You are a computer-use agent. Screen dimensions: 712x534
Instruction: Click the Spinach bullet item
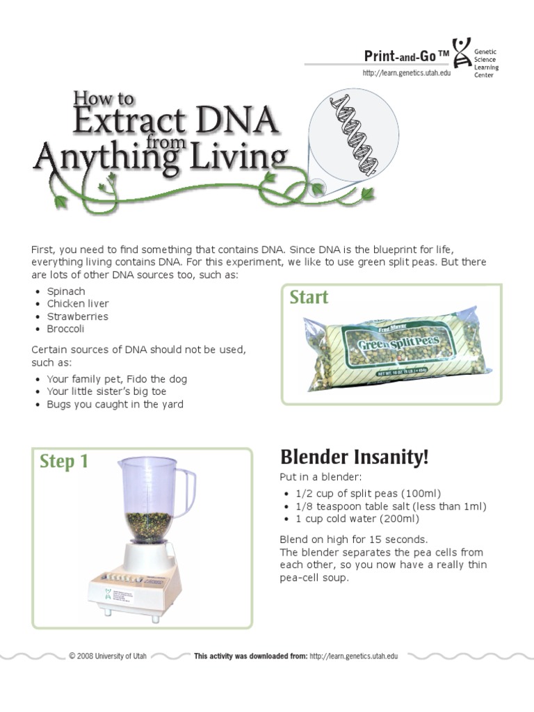[x=66, y=291]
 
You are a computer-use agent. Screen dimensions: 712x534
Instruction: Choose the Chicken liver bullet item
[x=78, y=304]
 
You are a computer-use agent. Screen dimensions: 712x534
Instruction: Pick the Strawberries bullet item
[x=77, y=316]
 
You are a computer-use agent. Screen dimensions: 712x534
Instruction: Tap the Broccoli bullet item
[x=66, y=329]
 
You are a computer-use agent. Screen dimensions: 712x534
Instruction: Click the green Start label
[x=309, y=298]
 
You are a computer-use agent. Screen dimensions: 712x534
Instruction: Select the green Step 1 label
[x=64, y=462]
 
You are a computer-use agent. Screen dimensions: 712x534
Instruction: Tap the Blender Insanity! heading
[x=355, y=458]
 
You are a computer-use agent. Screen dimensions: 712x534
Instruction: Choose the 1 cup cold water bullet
[x=357, y=519]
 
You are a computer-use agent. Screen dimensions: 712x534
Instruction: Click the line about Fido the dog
[x=117, y=379]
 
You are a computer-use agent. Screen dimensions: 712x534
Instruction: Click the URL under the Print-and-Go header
[x=406, y=73]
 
